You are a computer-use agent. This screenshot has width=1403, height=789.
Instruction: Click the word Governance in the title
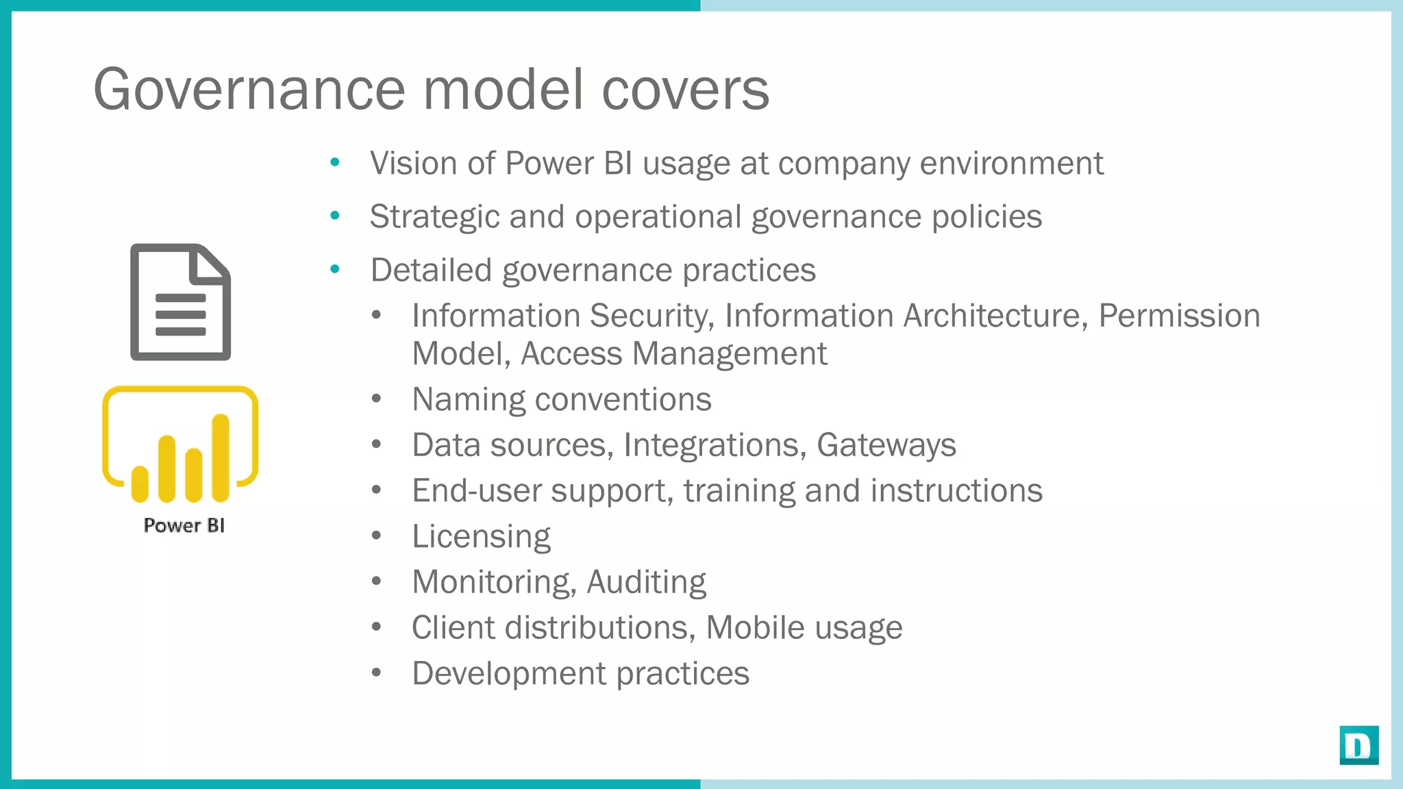tap(249, 90)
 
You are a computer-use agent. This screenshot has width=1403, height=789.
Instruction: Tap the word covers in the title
tap(685, 90)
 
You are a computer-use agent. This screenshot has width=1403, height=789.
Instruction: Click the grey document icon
tap(180, 302)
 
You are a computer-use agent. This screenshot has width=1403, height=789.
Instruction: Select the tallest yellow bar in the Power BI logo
tap(221, 458)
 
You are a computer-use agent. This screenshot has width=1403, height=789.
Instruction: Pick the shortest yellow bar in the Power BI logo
tap(140, 484)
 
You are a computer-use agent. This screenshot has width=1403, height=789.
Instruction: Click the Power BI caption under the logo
tap(184, 525)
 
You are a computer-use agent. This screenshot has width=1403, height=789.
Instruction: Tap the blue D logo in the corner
tap(1358, 744)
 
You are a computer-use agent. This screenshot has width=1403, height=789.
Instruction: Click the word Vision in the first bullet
tap(413, 163)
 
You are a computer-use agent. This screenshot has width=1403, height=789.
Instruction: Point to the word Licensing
tap(481, 536)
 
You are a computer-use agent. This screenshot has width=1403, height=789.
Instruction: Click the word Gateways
tap(886, 445)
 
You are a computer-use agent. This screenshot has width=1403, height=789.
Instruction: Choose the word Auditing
tap(646, 582)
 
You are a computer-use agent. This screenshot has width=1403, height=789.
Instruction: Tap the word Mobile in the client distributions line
tap(755, 627)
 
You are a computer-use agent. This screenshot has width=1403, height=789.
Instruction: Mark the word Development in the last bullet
tap(508, 673)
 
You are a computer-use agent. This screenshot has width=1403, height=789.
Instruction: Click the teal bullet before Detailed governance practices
tap(334, 269)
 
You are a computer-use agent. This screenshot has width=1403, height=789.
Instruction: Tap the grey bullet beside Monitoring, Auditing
tap(376, 581)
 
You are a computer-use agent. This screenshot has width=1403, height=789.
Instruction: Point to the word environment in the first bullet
tap(1011, 163)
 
